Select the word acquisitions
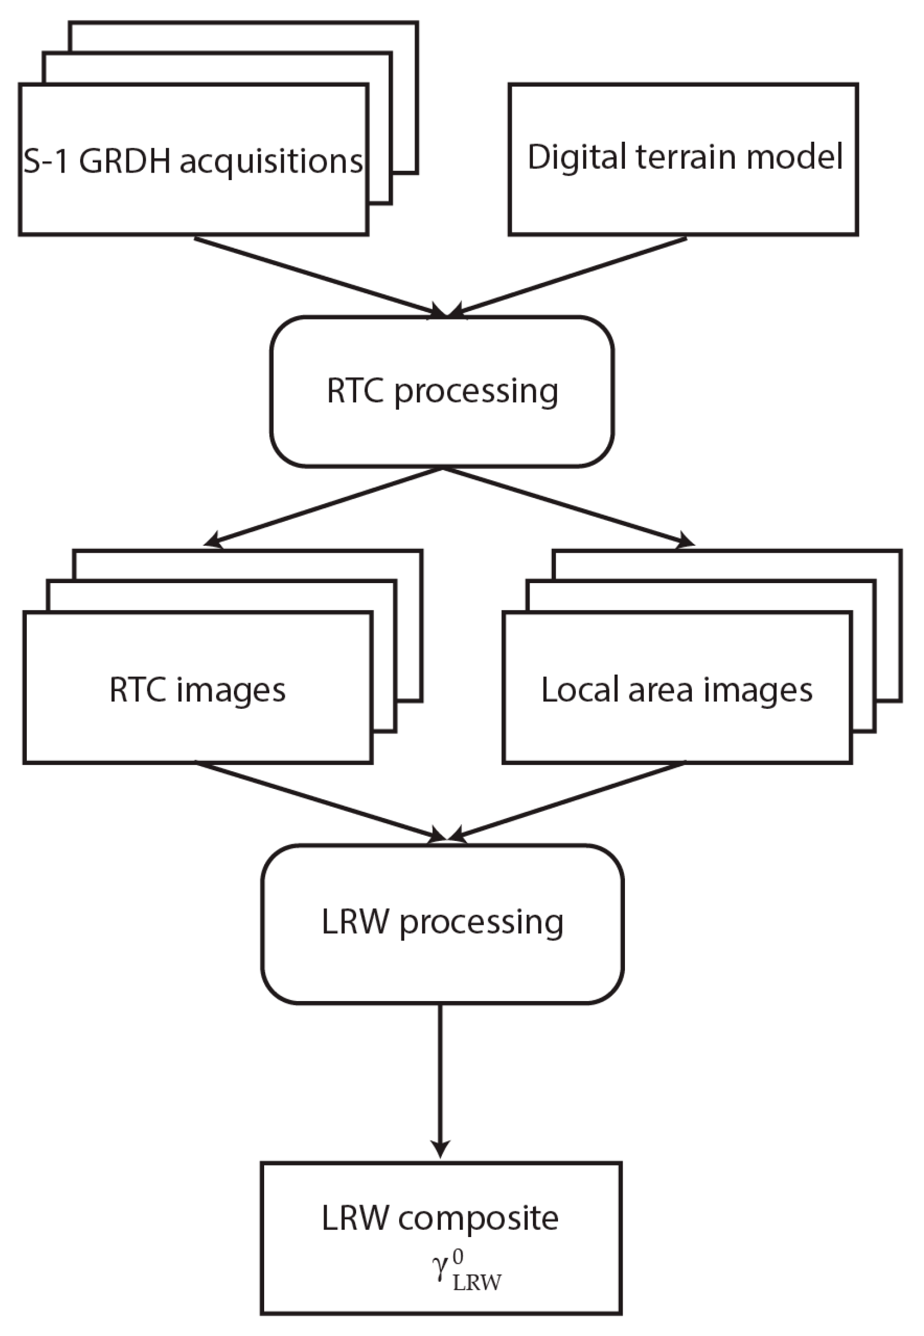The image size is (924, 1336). [271, 162]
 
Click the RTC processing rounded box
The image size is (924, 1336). [442, 390]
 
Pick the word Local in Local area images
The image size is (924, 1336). [580, 689]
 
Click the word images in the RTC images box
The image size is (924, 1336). [231, 691]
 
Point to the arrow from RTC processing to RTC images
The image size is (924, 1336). [324, 506]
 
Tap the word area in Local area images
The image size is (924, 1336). [660, 691]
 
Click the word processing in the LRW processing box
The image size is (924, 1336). [481, 923]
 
